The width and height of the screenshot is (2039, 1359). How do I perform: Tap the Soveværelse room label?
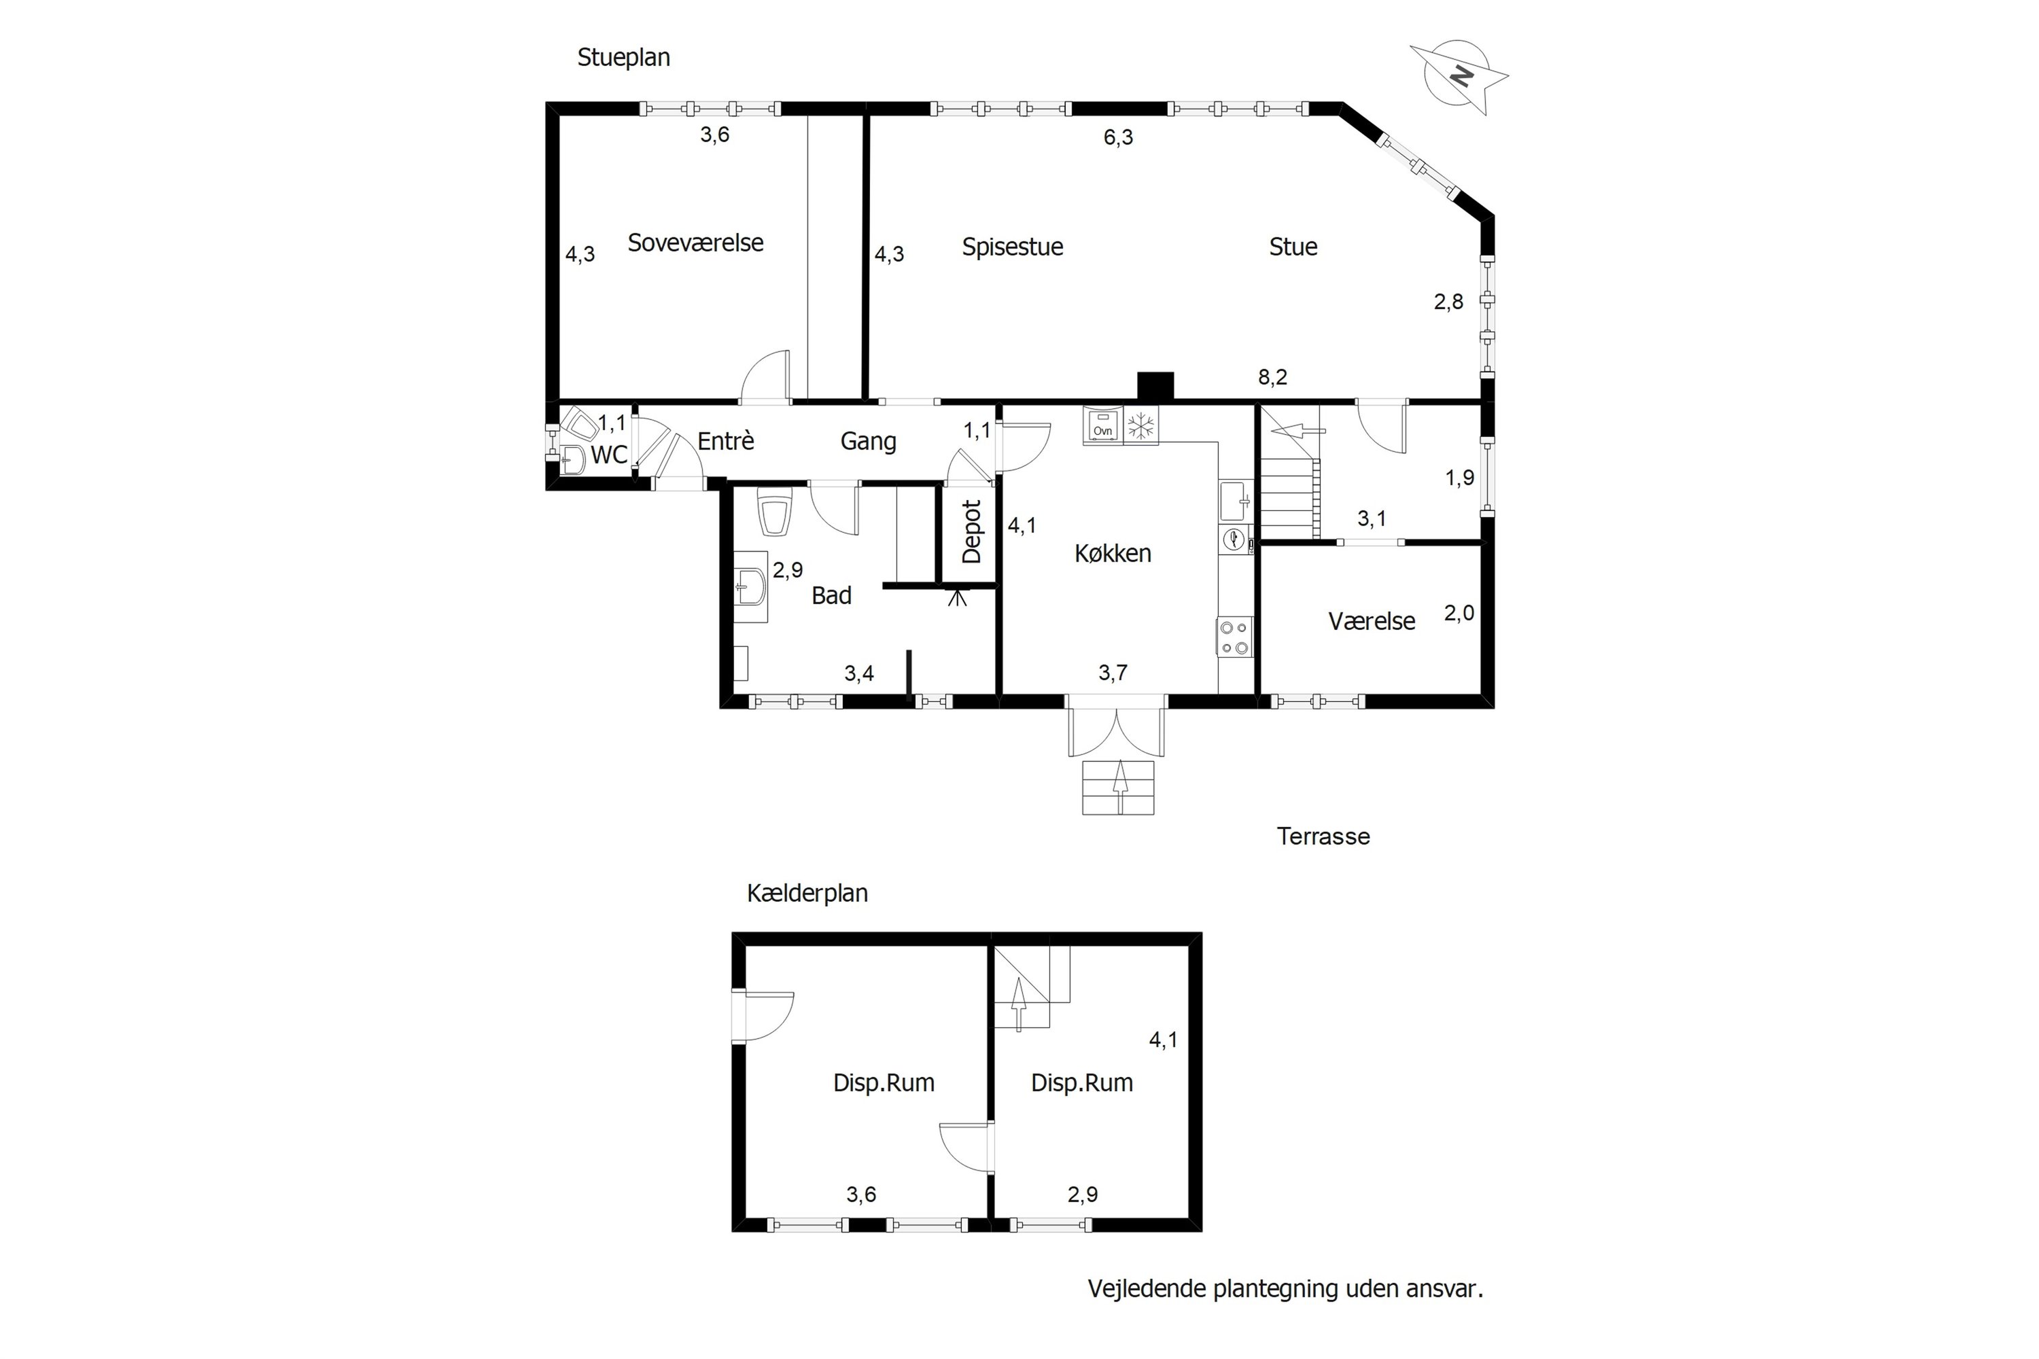pyautogui.click(x=695, y=243)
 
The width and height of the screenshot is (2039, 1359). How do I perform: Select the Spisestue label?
pyautogui.click(x=1012, y=247)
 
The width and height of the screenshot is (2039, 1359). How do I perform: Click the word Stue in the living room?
pyautogui.click(x=1293, y=247)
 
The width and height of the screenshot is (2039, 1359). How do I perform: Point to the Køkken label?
pyautogui.click(x=1112, y=554)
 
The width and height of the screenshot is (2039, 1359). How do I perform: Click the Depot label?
pyautogui.click(x=972, y=531)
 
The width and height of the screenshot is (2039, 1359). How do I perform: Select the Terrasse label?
pyautogui.click(x=1323, y=836)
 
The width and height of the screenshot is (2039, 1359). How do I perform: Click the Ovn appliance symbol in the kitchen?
pyautogui.click(x=1102, y=427)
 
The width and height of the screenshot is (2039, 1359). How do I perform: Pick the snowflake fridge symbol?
pyautogui.click(x=1141, y=425)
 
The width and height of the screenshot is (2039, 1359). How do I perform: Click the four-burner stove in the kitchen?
pyautogui.click(x=1234, y=637)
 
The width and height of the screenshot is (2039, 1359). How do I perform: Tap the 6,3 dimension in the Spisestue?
pyautogui.click(x=1117, y=138)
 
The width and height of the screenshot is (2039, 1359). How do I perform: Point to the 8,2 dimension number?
pyautogui.click(x=1272, y=378)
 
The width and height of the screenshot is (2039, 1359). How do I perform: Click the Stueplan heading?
pyautogui.click(x=623, y=58)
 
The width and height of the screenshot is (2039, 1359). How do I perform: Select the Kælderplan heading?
pyautogui.click(x=807, y=894)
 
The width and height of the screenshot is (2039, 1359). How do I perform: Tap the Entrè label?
pyautogui.click(x=726, y=441)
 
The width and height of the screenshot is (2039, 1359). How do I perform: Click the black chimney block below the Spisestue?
pyautogui.click(x=1155, y=386)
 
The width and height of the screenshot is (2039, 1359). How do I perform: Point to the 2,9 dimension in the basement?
pyautogui.click(x=1082, y=1195)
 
